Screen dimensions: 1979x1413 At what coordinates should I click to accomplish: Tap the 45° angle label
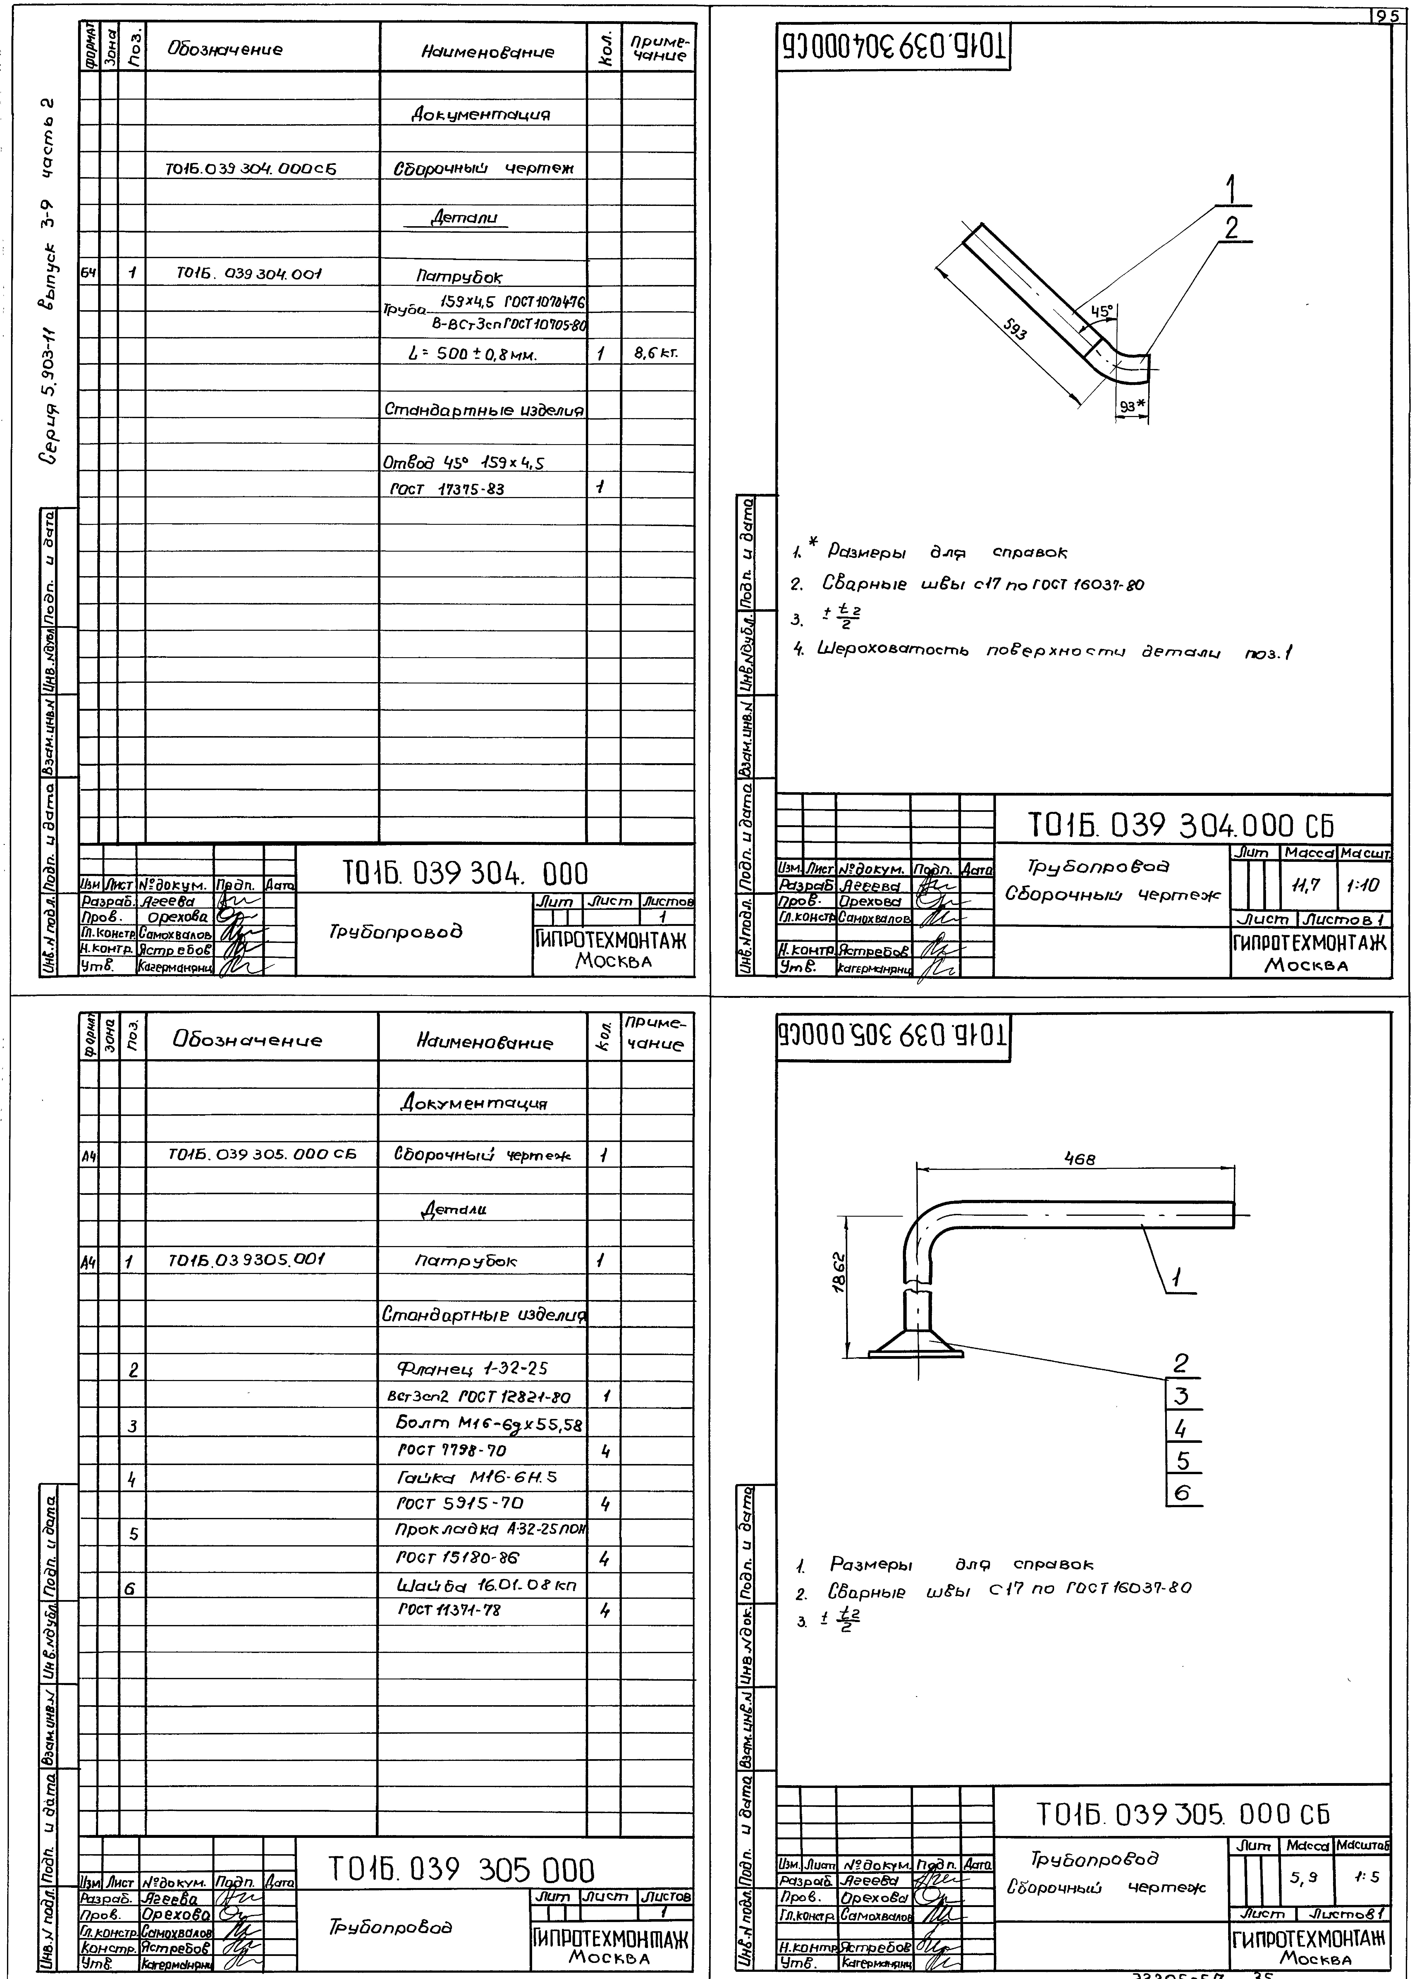[1101, 311]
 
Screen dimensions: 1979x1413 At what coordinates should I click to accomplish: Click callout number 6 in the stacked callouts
[1182, 1493]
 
